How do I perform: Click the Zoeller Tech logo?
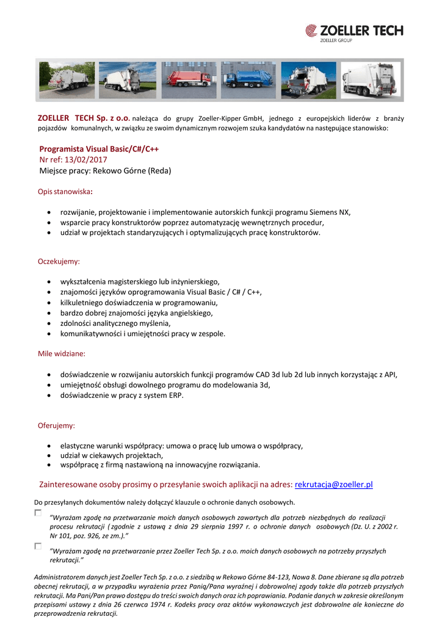354,32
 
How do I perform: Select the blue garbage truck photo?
248,80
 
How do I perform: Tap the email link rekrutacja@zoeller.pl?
333,485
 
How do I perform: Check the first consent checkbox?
38,513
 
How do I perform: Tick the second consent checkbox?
38,546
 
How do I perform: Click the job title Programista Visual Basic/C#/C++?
99,149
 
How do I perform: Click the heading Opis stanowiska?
65,192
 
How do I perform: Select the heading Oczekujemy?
59,261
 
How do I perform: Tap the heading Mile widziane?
62,353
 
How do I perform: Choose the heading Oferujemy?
56,425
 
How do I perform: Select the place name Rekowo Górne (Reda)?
132,171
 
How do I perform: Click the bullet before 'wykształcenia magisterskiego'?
49,282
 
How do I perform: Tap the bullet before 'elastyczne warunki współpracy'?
49,446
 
